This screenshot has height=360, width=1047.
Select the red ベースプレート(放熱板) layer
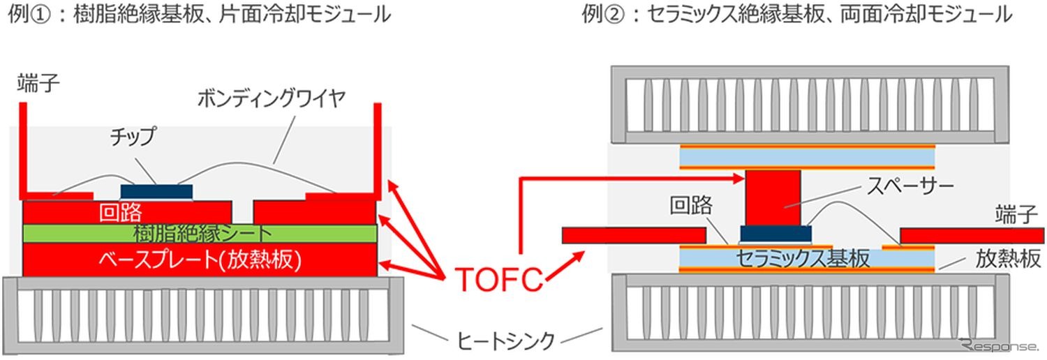click(x=201, y=260)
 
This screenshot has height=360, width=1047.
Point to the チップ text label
click(x=135, y=135)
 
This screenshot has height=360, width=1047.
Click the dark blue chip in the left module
click(x=156, y=191)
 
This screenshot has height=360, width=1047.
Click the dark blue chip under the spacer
click(x=775, y=233)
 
